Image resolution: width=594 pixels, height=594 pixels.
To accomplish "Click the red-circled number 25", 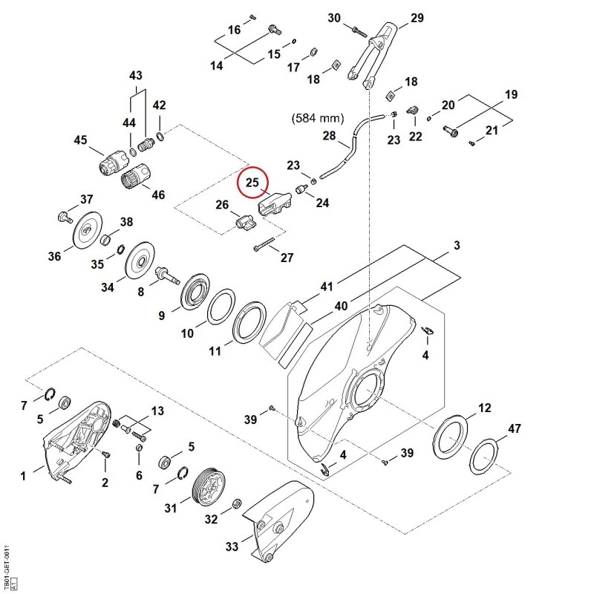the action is pyautogui.click(x=252, y=182).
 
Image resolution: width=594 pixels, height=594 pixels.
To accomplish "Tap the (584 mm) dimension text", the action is pyautogui.click(x=318, y=118).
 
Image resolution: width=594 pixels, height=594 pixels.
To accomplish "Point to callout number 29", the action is pyautogui.click(x=417, y=17).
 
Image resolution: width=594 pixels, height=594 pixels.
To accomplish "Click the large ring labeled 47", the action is pyautogui.click(x=484, y=457).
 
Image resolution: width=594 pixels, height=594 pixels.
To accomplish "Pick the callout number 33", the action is pyautogui.click(x=232, y=546).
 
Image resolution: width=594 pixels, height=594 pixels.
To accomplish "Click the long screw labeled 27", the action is pyautogui.click(x=264, y=244).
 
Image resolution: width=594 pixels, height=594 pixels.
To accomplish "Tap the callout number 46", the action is pyautogui.click(x=158, y=195).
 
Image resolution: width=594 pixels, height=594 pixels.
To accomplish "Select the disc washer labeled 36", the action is pyautogui.click(x=87, y=230).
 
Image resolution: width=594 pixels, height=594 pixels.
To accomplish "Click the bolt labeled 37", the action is pyautogui.click(x=65, y=217).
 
